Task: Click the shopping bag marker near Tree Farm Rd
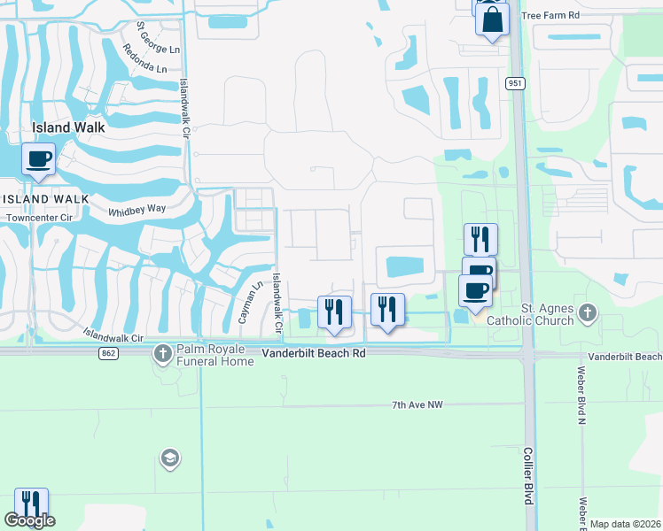pyautogui.click(x=492, y=18)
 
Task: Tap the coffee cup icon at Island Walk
pyautogui.click(x=38, y=160)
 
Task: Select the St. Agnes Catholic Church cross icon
pyautogui.click(x=586, y=312)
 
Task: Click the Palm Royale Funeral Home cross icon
pyautogui.click(x=163, y=354)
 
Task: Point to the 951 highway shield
pyautogui.click(x=515, y=83)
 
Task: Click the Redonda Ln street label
pyautogui.click(x=145, y=58)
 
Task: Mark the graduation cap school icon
pyautogui.click(x=168, y=458)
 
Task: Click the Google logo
pyautogui.click(x=29, y=520)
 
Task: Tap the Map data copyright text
pyautogui.click(x=625, y=524)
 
